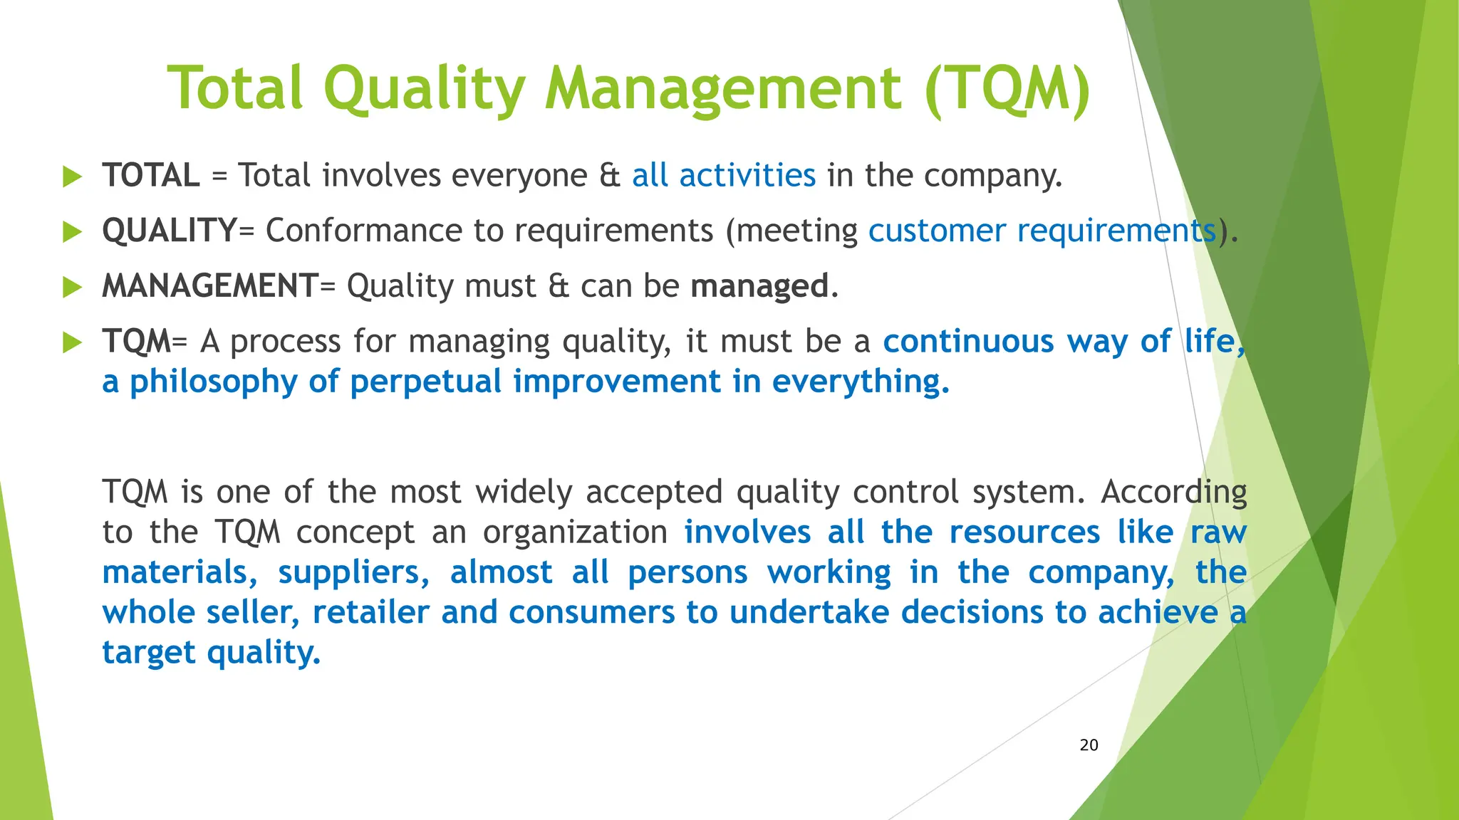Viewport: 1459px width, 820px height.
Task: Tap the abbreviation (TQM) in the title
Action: point(1007,89)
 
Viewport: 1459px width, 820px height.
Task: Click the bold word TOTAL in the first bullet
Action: point(151,176)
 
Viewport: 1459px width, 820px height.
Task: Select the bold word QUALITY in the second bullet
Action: point(170,231)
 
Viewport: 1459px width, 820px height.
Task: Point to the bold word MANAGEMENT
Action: point(210,286)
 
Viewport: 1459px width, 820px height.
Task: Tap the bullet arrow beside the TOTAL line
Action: point(73,177)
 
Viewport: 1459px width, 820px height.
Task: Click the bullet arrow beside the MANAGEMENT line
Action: point(73,287)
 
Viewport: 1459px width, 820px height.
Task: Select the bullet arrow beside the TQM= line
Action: point(73,342)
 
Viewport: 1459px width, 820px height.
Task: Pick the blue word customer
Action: point(937,231)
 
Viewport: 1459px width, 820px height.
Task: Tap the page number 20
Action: point(1089,745)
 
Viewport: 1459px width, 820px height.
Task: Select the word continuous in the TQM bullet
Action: point(968,342)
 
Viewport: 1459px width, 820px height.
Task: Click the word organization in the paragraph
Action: point(575,532)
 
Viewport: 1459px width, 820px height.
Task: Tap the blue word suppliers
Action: point(353,573)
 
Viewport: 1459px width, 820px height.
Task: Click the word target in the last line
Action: point(148,653)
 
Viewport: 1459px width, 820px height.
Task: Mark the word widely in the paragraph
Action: point(524,493)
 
